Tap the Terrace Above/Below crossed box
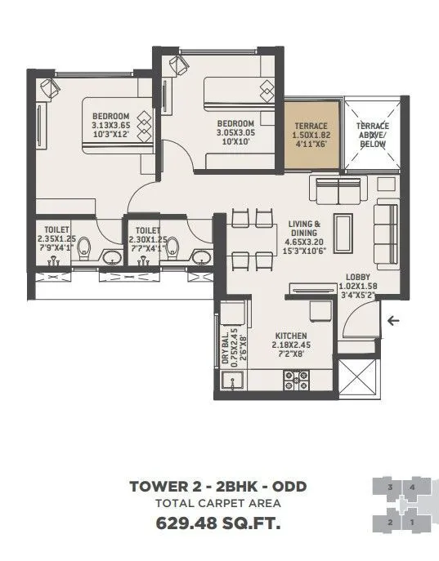click(x=371, y=134)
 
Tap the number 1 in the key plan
click(x=413, y=521)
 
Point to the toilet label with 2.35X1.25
click(x=56, y=239)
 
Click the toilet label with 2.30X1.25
click(x=147, y=239)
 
